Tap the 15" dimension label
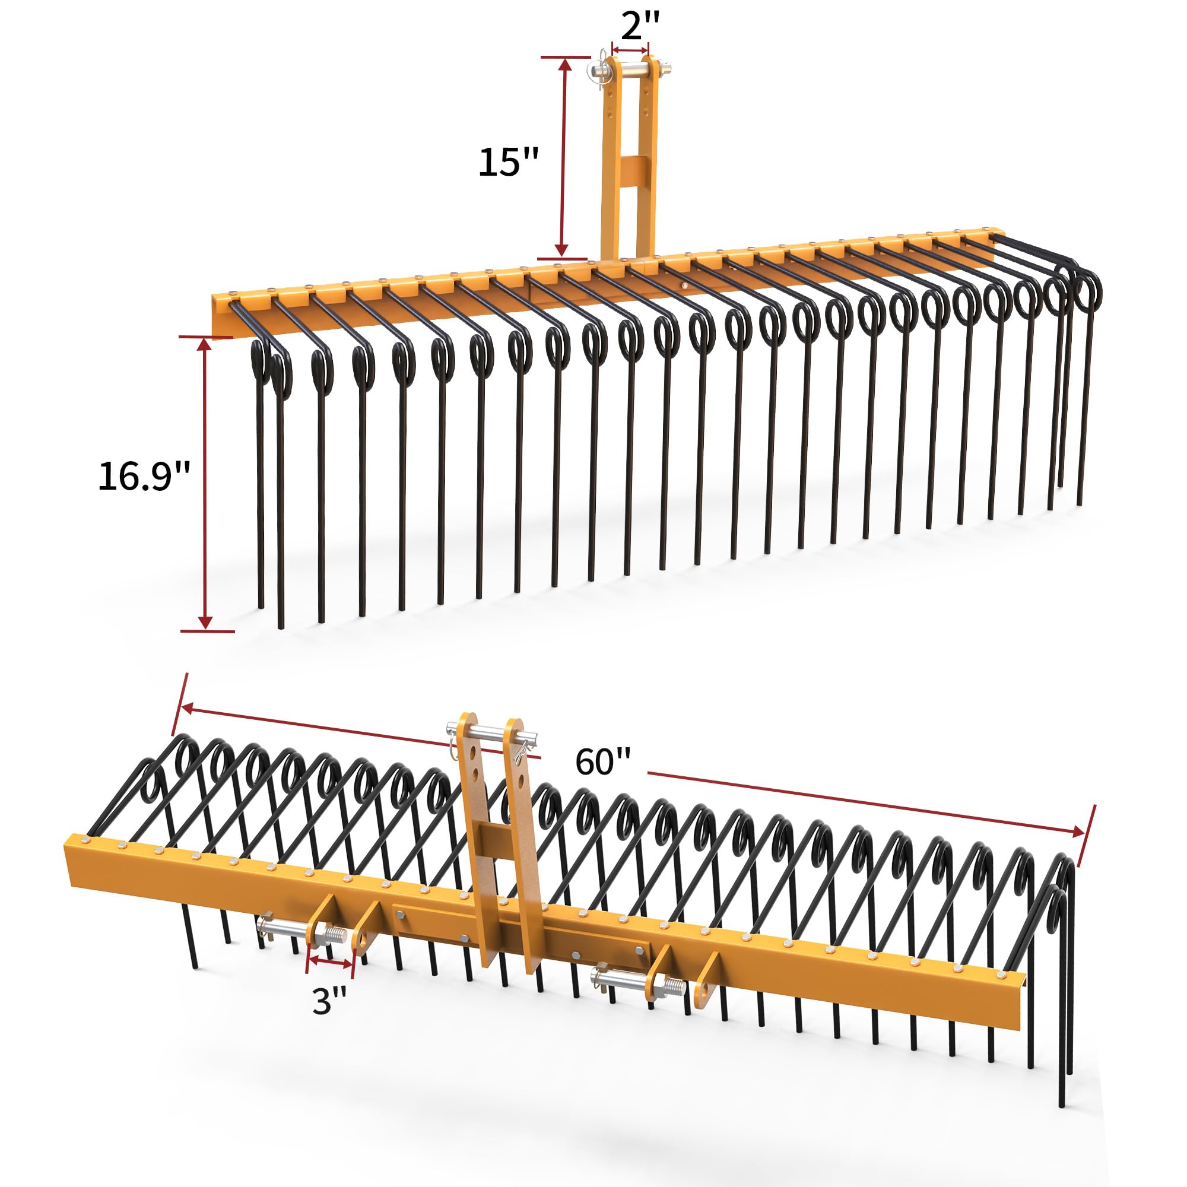coord(508,162)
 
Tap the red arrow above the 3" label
coord(331,962)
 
